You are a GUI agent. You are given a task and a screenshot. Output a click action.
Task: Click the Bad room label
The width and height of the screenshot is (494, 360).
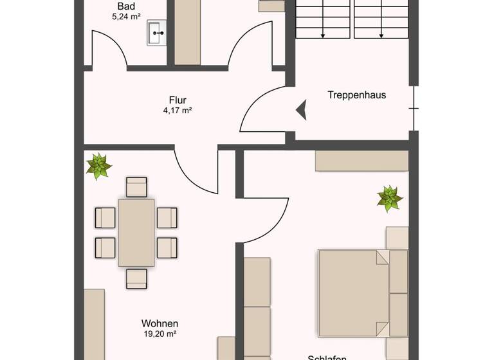tap(125, 6)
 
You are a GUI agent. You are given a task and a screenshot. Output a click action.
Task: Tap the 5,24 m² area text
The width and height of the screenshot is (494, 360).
tap(126, 17)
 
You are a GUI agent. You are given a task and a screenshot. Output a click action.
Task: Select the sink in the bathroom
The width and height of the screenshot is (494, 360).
tap(156, 33)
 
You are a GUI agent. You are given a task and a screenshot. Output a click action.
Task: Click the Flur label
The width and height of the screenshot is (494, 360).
tap(178, 100)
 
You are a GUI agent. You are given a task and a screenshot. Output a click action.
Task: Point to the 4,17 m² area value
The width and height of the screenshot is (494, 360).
tap(178, 111)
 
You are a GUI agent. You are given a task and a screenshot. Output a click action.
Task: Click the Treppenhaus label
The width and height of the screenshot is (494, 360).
tap(356, 94)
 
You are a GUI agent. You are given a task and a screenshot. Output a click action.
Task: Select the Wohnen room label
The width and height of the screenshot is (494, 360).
tap(160, 323)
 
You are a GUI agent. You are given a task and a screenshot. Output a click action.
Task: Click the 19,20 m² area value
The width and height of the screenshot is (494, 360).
tap(160, 334)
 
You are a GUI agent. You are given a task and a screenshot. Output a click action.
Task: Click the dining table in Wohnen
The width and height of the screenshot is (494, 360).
tap(136, 232)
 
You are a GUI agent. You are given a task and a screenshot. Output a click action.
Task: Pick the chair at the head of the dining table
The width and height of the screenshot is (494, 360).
tap(137, 187)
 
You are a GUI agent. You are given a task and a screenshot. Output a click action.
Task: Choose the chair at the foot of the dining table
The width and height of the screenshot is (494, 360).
tap(137, 278)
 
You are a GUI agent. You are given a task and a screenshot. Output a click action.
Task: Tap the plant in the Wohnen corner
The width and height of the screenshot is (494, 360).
tap(98, 166)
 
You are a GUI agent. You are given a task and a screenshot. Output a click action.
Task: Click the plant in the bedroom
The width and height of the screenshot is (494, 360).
tap(390, 198)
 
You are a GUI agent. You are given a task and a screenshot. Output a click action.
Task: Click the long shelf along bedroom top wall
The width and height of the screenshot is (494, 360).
tap(361, 161)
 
